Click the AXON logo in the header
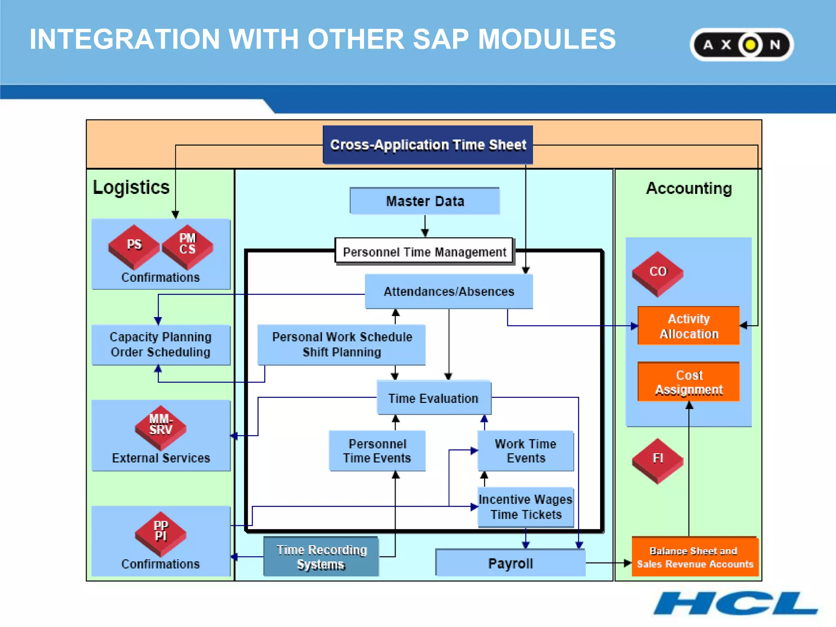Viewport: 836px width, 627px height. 741,44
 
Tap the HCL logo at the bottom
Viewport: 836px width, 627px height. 735,603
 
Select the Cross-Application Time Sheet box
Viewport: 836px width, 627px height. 428,145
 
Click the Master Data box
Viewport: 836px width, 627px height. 425,201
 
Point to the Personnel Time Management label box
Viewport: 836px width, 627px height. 424,251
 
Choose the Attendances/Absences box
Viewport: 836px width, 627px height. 449,291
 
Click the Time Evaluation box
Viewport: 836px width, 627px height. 433,398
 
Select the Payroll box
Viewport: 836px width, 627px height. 510,563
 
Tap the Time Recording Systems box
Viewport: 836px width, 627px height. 321,557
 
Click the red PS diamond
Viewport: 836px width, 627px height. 134,246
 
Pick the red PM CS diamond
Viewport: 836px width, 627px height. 187,246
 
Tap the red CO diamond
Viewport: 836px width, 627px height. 658,273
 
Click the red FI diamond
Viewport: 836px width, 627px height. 658,460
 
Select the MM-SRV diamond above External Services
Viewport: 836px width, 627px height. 160,427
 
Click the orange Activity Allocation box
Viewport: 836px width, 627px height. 689,326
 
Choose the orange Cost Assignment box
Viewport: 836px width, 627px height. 689,382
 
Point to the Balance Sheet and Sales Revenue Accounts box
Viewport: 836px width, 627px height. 694,557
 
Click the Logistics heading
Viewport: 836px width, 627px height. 131,187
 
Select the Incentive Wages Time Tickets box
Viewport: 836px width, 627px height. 526,507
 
